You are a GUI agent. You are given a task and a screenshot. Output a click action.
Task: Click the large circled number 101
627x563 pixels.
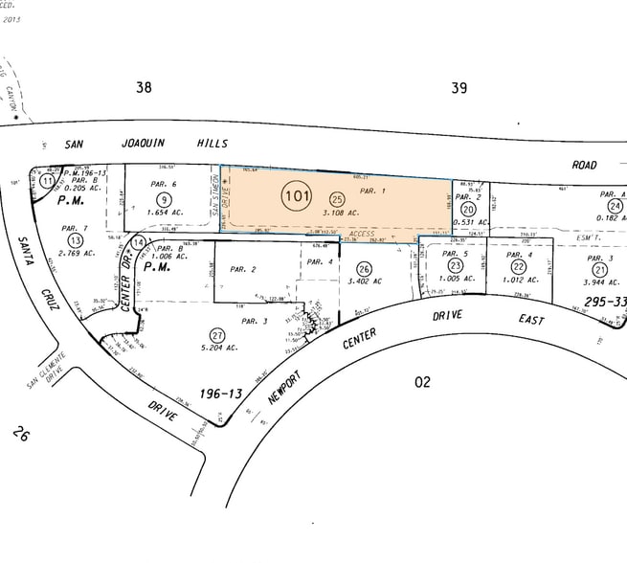click(x=297, y=197)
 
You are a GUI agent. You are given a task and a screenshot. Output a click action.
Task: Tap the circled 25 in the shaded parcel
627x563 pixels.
click(x=336, y=197)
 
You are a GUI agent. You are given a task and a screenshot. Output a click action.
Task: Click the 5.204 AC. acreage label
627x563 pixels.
click(x=220, y=352)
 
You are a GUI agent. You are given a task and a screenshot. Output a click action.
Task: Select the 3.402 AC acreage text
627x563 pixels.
click(x=365, y=281)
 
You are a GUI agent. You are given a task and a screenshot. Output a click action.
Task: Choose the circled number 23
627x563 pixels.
click(x=457, y=266)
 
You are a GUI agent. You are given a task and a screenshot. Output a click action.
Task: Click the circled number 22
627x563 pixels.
click(x=518, y=266)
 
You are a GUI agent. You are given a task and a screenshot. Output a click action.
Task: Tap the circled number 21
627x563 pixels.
click(x=600, y=269)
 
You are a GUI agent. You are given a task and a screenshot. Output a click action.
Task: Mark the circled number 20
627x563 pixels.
click(x=467, y=209)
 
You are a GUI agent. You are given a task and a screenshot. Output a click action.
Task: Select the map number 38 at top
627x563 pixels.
click(x=144, y=87)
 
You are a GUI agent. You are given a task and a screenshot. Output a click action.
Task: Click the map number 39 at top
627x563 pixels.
click(x=459, y=88)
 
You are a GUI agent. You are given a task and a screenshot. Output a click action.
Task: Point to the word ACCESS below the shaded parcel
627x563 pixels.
click(x=362, y=233)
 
